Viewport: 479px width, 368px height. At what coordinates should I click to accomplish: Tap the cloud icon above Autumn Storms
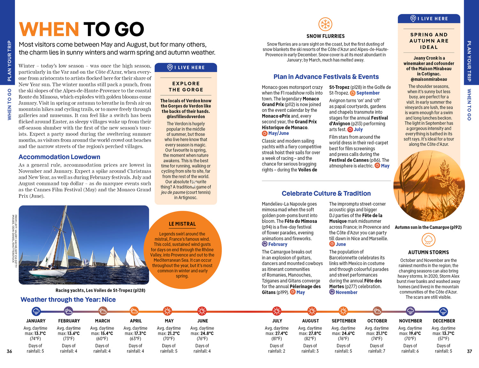429,240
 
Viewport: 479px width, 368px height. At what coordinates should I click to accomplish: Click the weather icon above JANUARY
36,311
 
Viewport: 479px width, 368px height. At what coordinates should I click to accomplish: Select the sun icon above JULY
277,311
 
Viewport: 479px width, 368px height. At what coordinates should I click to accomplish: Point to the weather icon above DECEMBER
443,311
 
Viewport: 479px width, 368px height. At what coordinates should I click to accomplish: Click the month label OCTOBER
377,321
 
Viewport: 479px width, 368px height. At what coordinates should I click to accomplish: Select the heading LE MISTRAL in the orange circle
182,224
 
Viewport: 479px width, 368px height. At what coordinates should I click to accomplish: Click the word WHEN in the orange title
49,29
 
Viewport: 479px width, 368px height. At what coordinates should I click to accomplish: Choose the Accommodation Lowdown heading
59,157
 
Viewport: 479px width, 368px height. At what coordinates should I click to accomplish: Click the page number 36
9,351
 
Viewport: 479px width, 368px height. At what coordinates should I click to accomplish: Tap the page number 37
469,351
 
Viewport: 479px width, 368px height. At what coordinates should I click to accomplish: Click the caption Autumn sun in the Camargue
428,227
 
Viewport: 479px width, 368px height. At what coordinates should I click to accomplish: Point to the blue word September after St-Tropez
368,93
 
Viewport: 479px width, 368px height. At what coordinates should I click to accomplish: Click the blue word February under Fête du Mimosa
278,244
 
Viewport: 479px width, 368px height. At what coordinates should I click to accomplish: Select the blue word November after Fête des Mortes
346,292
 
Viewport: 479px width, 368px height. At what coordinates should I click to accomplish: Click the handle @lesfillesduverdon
186,117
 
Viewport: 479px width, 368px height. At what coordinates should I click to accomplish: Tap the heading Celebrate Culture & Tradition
326,194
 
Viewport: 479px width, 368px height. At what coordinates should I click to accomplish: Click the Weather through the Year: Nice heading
68,300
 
